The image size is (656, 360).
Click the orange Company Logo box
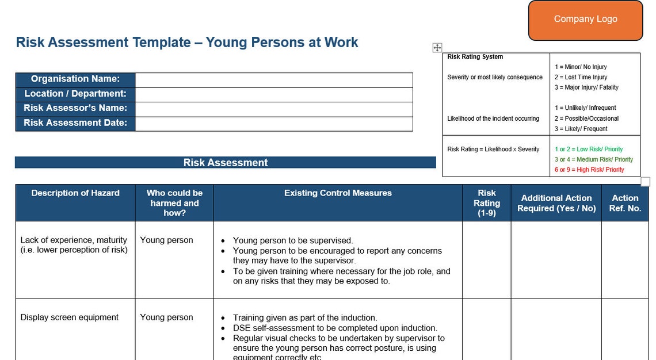tap(585, 20)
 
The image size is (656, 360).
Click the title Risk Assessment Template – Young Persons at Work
tap(187, 43)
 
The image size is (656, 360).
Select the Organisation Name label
tap(75, 79)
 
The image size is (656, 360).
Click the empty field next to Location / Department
tap(274, 94)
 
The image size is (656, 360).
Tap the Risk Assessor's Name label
tap(75, 108)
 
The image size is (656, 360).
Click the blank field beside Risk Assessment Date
tap(274, 123)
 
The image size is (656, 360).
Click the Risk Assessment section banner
tap(226, 163)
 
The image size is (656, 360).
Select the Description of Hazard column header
tap(75, 193)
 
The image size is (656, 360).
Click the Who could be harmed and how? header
tap(174, 203)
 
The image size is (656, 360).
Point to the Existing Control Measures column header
tap(338, 193)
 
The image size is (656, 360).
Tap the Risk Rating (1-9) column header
tap(487, 203)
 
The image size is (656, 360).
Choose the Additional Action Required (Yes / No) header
tap(556, 203)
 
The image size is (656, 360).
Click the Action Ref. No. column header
tap(625, 203)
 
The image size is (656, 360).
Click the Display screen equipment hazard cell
tap(70, 317)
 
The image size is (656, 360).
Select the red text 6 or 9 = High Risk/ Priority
tap(589, 170)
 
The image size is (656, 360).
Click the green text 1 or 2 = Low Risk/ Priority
tap(589, 149)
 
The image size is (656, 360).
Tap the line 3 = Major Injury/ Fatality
tap(586, 87)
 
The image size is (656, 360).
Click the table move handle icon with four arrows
tap(437, 48)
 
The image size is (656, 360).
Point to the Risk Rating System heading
tap(475, 57)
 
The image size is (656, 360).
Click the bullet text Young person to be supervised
tap(293, 240)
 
